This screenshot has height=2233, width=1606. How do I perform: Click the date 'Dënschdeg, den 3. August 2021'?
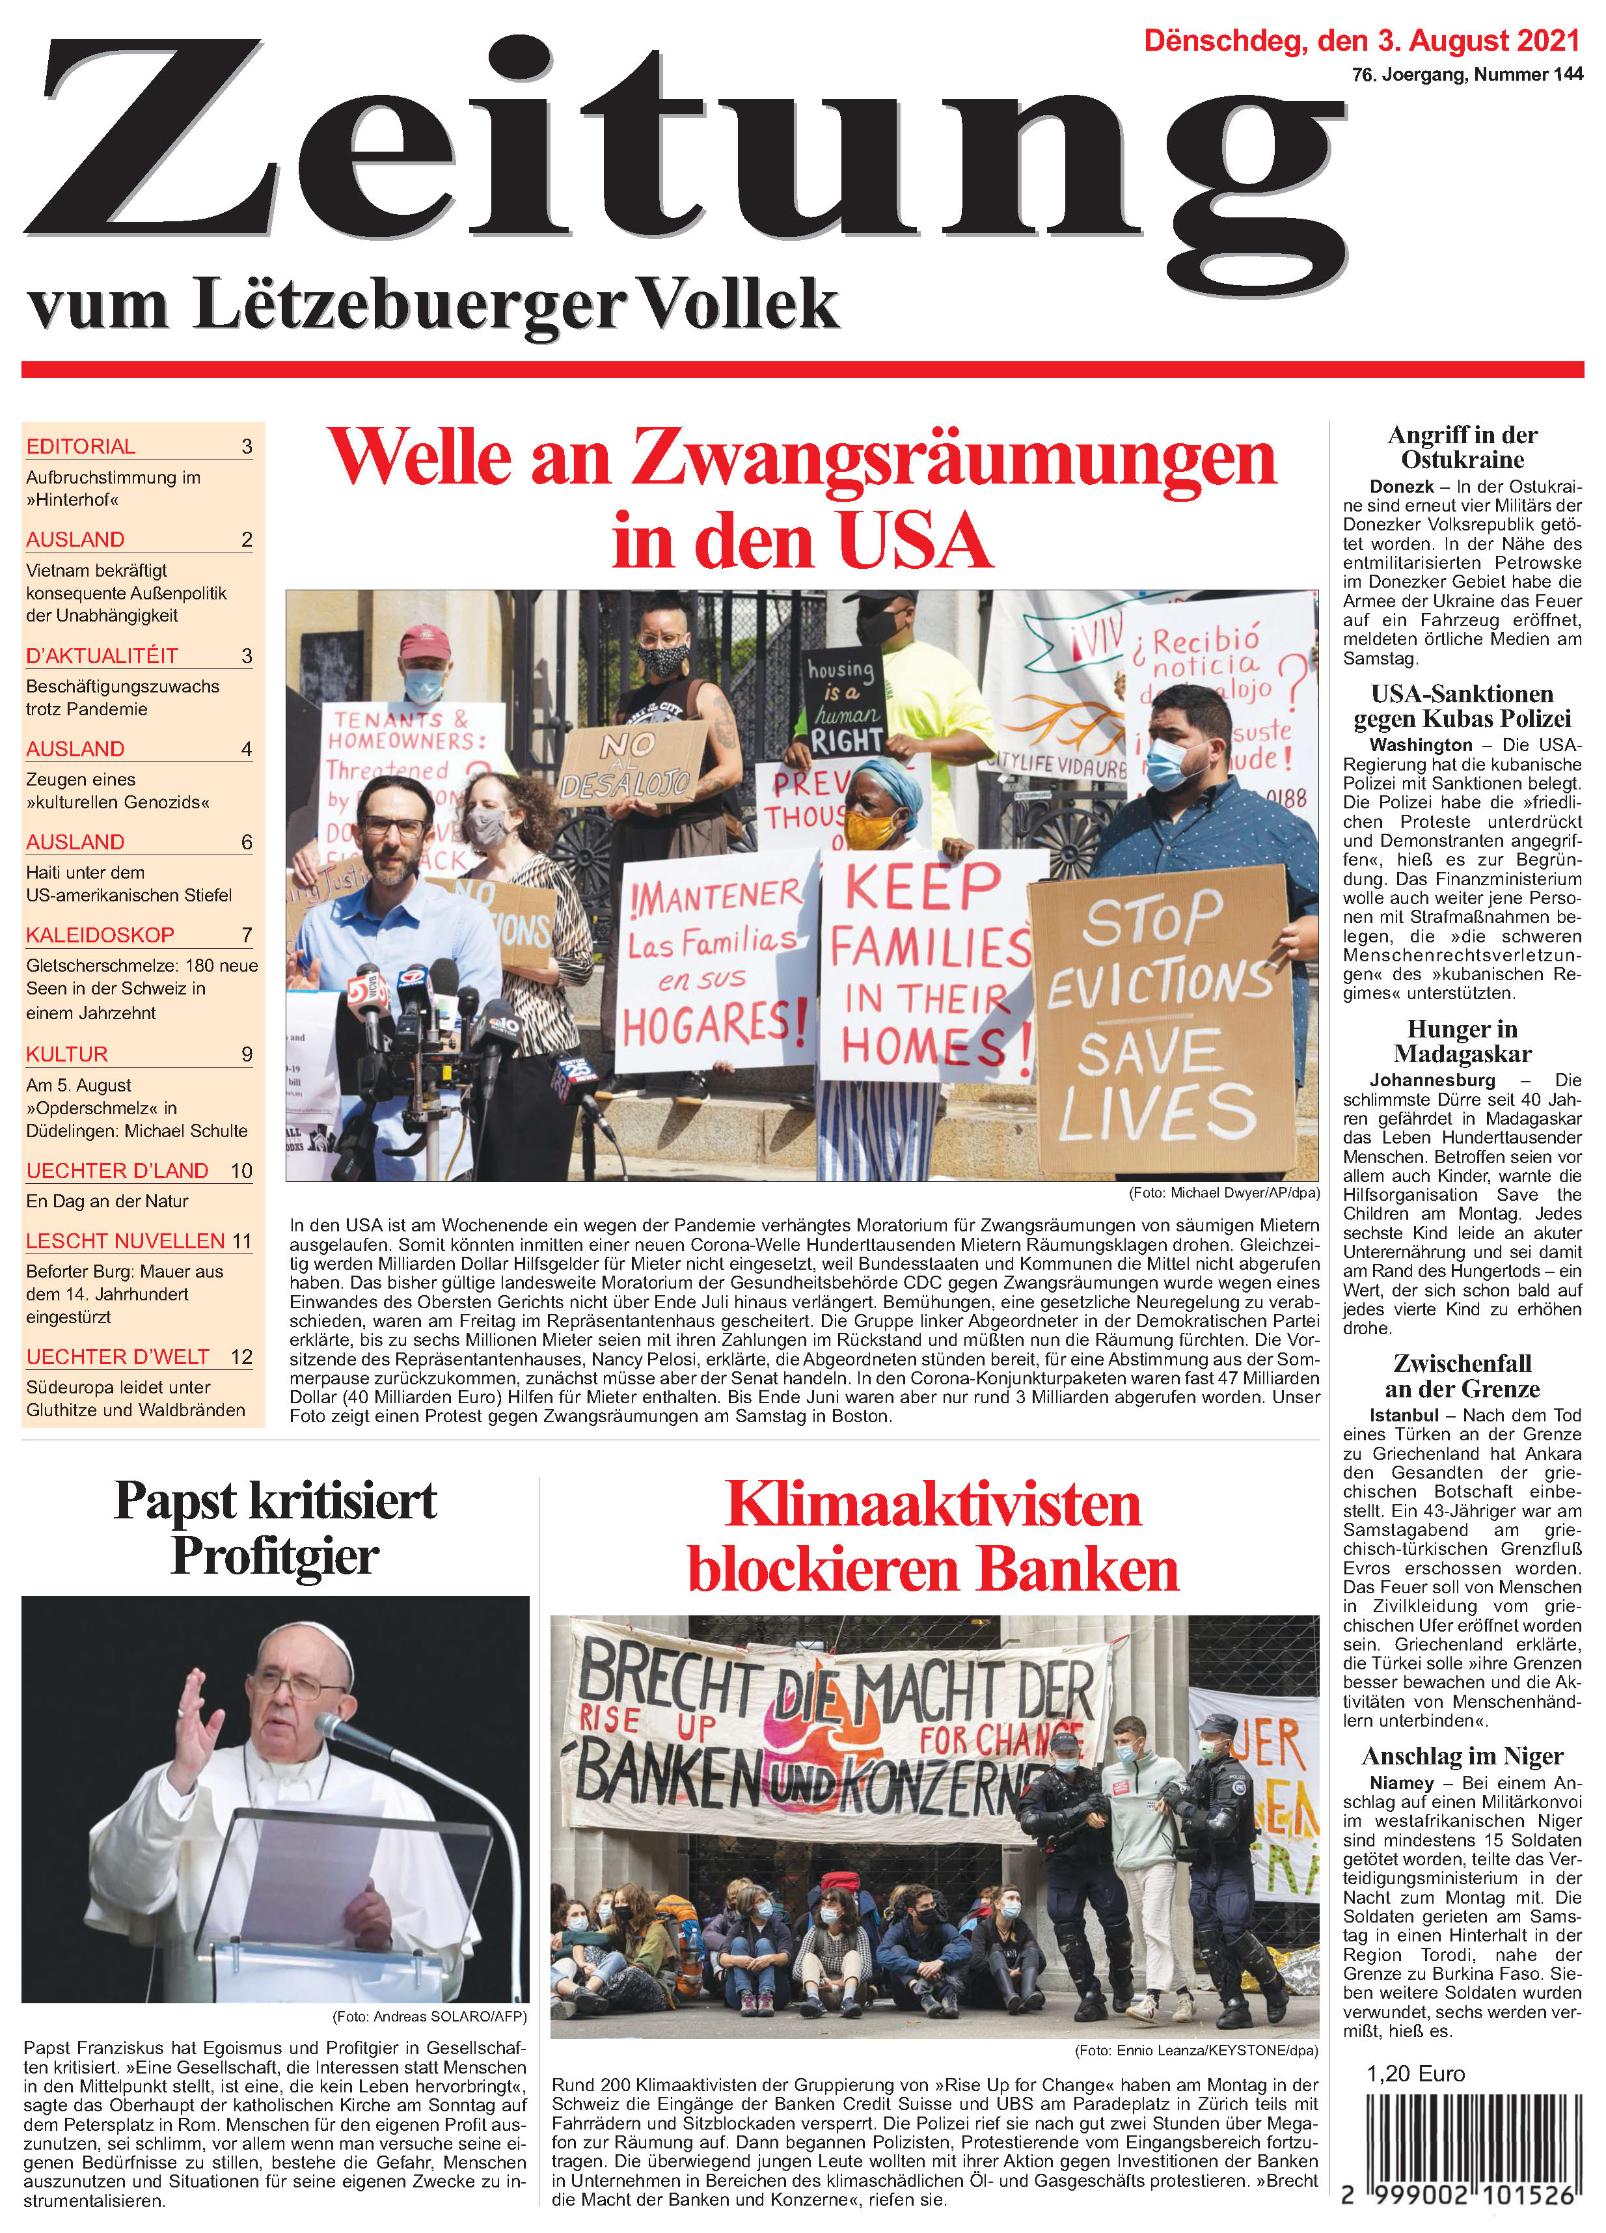[1362, 42]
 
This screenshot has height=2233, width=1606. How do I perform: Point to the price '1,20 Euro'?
[1415, 2074]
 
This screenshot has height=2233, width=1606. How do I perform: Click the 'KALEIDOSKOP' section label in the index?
[100, 935]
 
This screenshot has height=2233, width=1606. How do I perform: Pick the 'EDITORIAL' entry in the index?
[81, 446]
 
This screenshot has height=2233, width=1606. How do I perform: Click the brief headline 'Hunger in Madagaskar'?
[1462, 1041]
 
